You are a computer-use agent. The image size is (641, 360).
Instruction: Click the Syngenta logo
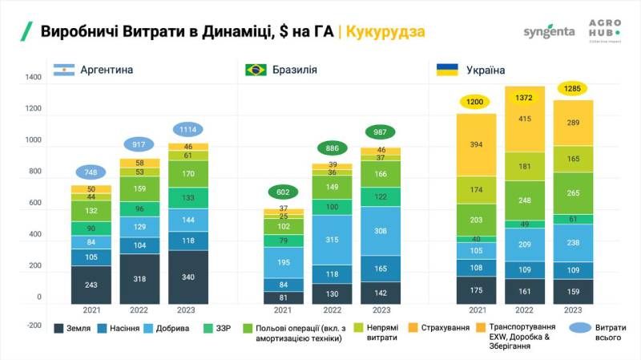[x=548, y=32]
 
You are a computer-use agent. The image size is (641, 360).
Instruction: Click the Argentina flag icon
[x=63, y=70]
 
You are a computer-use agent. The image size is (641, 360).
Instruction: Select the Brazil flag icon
[x=256, y=70]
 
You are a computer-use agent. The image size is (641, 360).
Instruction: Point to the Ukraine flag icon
[x=447, y=70]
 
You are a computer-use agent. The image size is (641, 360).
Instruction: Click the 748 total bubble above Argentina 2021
[x=91, y=172]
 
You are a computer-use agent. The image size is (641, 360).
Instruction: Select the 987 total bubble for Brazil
[x=381, y=132]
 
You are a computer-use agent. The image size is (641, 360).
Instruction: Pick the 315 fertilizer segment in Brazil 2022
[x=332, y=240]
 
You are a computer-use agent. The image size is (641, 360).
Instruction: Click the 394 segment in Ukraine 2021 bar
[x=477, y=144]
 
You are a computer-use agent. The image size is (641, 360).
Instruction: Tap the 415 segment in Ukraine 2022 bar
[x=525, y=119]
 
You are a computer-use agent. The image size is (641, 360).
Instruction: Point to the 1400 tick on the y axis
[x=33, y=78]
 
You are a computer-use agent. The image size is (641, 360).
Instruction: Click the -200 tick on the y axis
[x=32, y=325]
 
